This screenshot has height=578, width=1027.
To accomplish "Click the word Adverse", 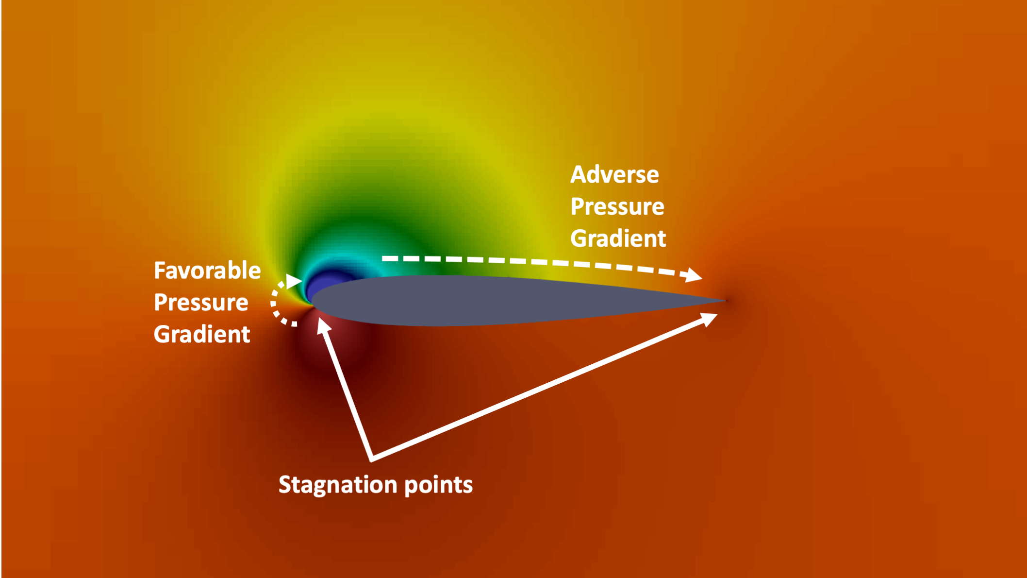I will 614,175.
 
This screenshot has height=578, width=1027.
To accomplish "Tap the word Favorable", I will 207,271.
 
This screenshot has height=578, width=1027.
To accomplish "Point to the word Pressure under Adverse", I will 617,207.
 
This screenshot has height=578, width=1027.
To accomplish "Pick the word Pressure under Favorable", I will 201,303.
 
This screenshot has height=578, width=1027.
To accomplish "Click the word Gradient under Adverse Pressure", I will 618,238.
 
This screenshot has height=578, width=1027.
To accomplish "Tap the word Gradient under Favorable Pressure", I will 202,335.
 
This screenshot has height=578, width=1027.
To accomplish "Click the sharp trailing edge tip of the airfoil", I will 725,301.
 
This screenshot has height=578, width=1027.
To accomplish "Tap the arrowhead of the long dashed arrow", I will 693,275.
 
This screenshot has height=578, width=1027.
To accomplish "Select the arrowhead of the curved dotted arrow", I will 294,281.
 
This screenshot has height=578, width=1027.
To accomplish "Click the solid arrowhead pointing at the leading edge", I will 323,325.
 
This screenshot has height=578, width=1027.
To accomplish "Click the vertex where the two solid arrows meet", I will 371,458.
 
